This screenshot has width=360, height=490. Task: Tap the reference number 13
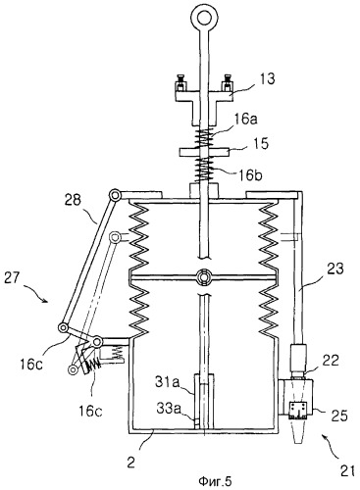(268, 79)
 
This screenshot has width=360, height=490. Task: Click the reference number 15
(261, 143)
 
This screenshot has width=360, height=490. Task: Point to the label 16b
(250, 175)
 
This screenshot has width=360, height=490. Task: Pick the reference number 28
(73, 200)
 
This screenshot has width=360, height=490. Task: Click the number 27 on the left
(13, 279)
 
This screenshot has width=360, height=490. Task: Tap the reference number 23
(335, 269)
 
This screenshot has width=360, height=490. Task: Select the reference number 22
(331, 361)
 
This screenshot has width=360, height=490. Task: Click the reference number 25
(339, 416)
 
